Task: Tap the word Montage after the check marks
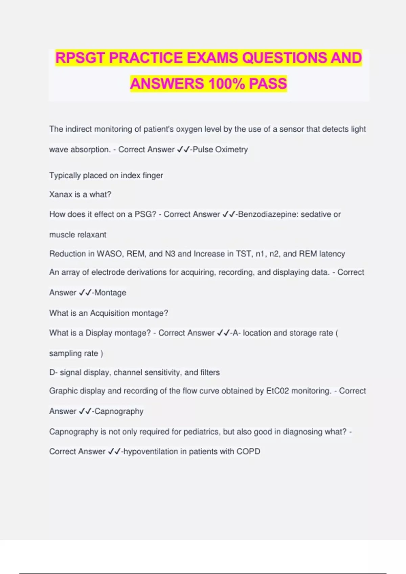(110, 293)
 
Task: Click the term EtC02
(277, 391)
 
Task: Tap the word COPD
(248, 451)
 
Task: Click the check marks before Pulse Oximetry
(183, 149)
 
